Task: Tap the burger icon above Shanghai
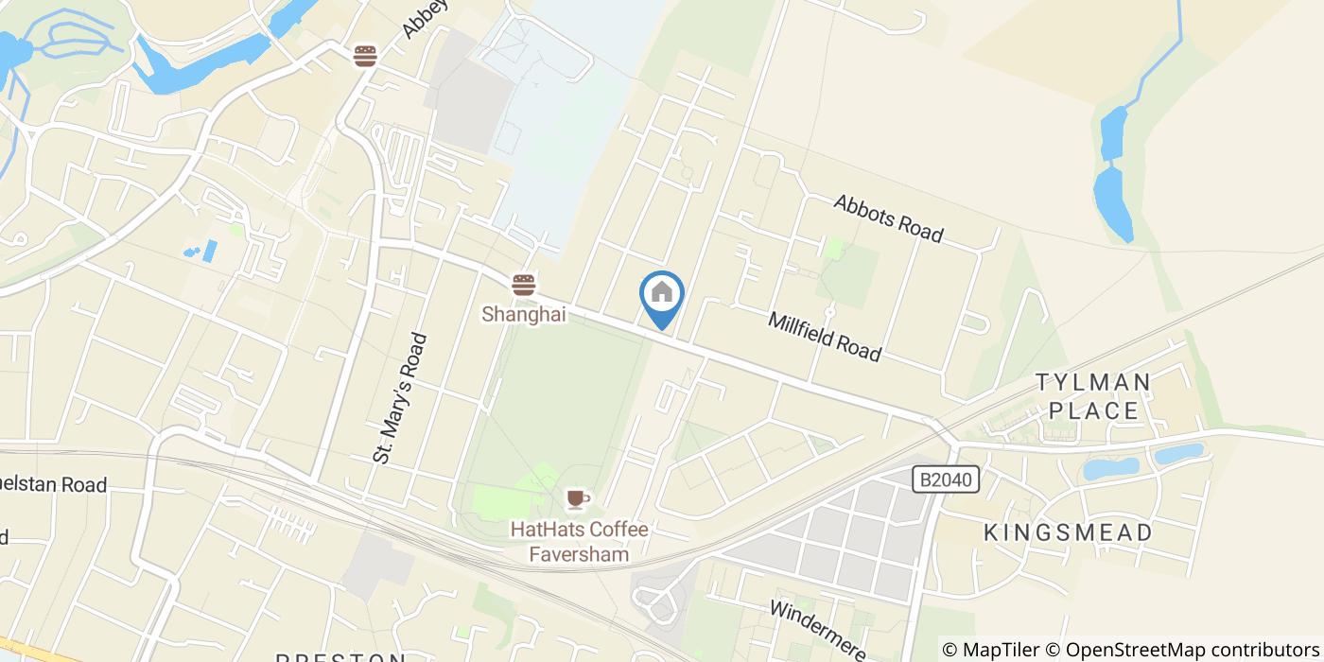pos(523,284)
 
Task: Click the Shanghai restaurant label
pos(524,315)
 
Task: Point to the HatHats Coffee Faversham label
pos(579,542)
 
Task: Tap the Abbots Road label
pos(888,218)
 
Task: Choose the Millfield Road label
pos(825,337)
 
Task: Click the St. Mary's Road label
pos(400,398)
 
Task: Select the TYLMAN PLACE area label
pos(1093,396)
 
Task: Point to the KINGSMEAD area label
pos(1069,532)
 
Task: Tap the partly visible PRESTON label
pos(340,656)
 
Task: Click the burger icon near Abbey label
pos(365,56)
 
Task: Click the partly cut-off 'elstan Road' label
pos(53,485)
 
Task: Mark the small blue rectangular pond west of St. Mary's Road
pos(209,251)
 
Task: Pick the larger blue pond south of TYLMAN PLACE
pos(1111,468)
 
